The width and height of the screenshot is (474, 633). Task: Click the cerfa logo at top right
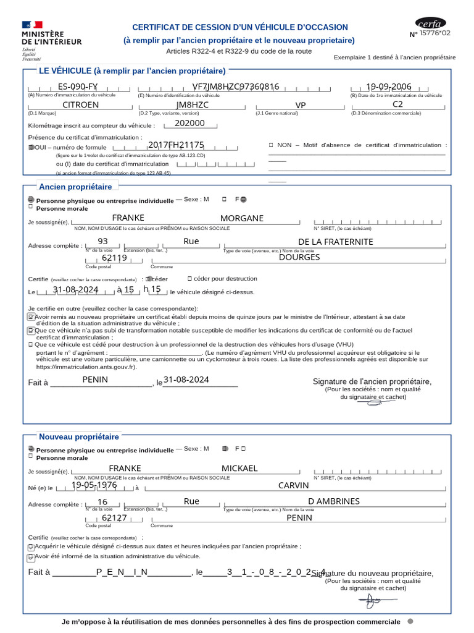pyautogui.click(x=430, y=24)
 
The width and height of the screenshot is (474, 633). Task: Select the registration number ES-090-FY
pyautogui.click(x=78, y=87)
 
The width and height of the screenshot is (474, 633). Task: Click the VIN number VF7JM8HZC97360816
pyautogui.click(x=236, y=87)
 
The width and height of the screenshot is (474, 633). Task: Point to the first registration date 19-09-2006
pyautogui.click(x=388, y=87)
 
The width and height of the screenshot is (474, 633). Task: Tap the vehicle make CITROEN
pyautogui.click(x=80, y=105)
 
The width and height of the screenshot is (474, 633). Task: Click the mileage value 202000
pyautogui.click(x=189, y=123)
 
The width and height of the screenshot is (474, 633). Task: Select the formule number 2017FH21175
pyautogui.click(x=176, y=145)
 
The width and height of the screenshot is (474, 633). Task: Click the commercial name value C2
pyautogui.click(x=397, y=104)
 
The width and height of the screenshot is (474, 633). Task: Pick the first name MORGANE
pyautogui.click(x=241, y=218)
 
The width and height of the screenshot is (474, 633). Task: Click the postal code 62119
pyautogui.click(x=114, y=258)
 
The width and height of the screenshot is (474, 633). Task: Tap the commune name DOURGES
pyautogui.click(x=299, y=257)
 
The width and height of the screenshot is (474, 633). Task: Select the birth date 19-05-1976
pyautogui.click(x=94, y=485)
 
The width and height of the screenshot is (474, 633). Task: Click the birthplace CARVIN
pyautogui.click(x=293, y=485)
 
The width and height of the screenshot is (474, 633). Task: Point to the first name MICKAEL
pyautogui.click(x=239, y=469)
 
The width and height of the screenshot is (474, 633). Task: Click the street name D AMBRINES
pyautogui.click(x=333, y=501)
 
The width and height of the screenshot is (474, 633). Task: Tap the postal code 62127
pyautogui.click(x=114, y=518)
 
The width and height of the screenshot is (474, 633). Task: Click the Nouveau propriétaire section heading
pyautogui.click(x=79, y=437)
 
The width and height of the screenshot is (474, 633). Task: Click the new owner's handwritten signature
pyautogui.click(x=373, y=601)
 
